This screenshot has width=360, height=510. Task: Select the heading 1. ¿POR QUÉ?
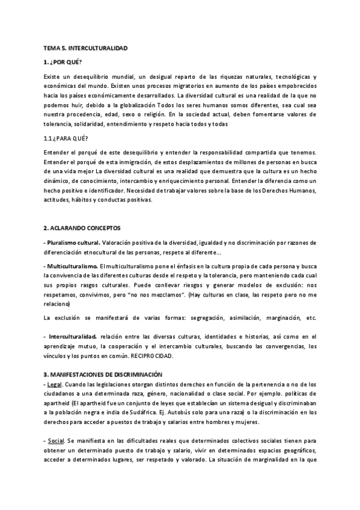click(63, 62)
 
